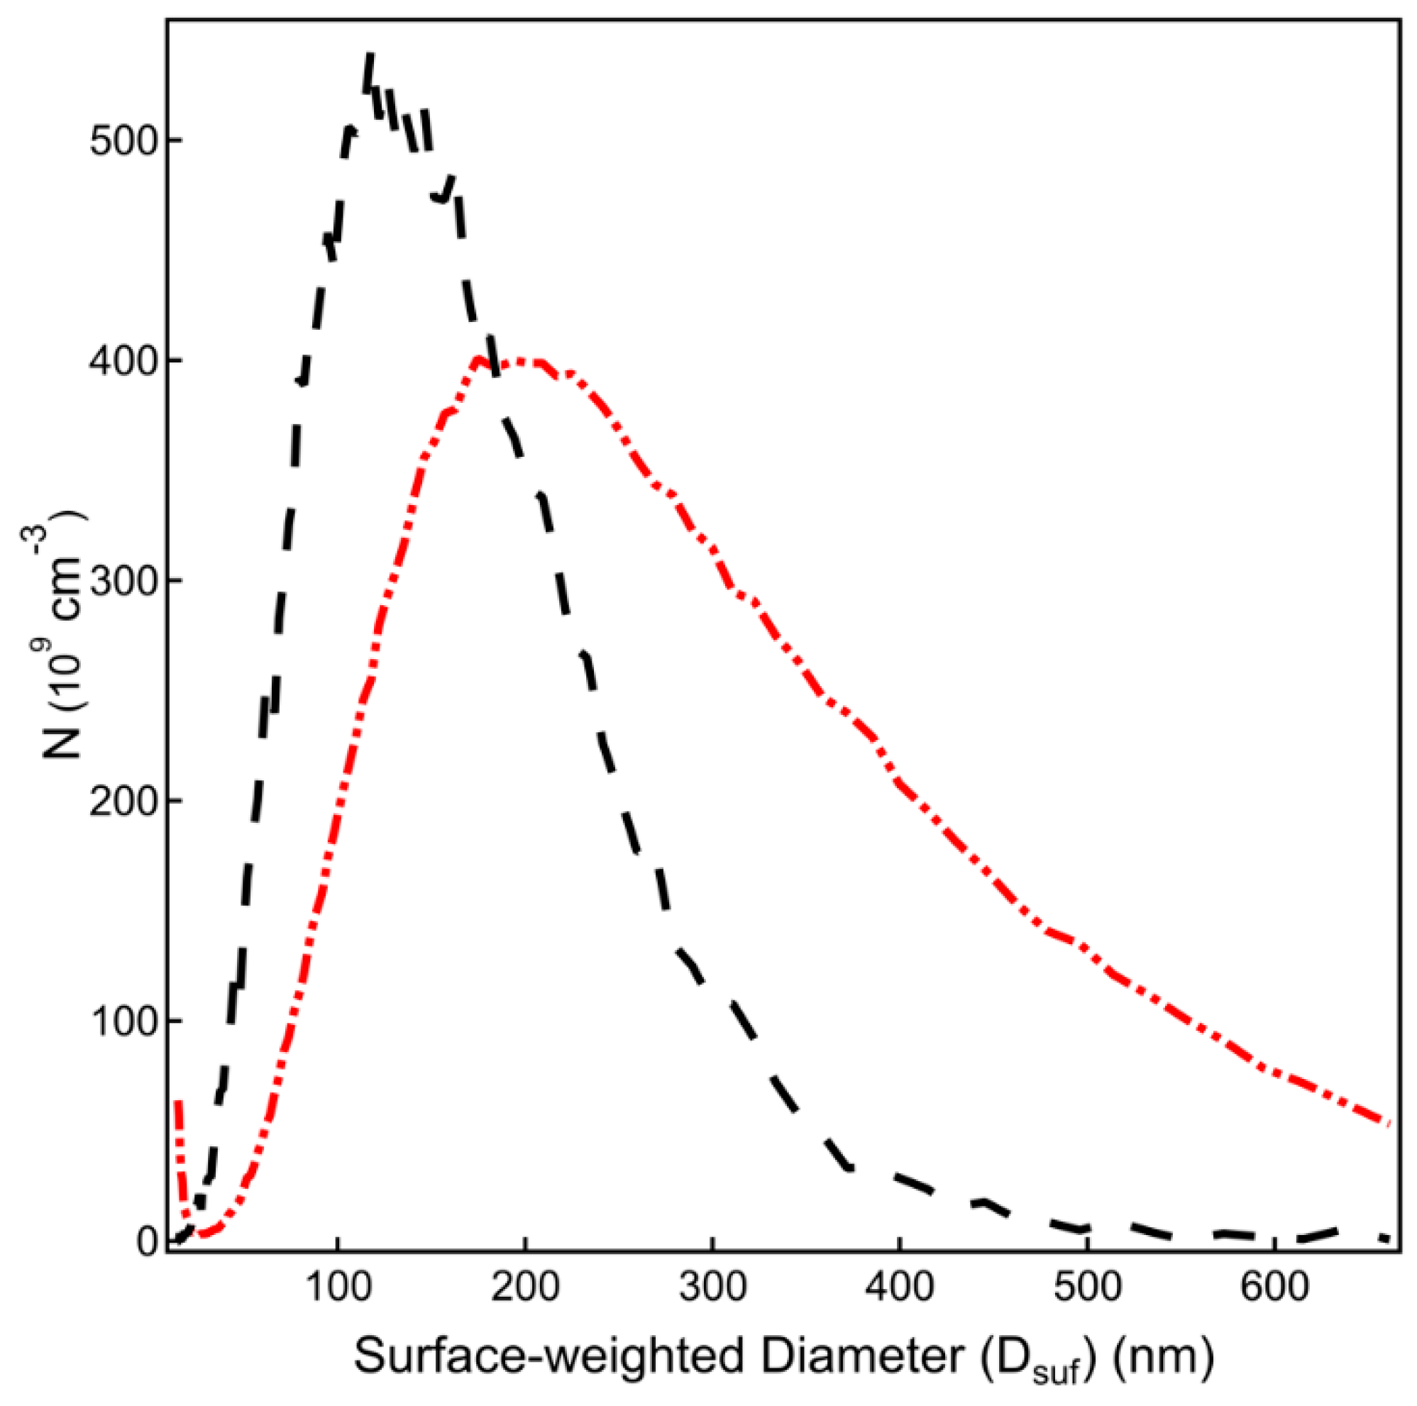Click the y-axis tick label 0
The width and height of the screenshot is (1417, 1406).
click(148, 1241)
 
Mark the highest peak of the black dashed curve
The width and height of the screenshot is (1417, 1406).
click(370, 56)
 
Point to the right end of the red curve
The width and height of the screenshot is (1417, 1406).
click(1387, 1123)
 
